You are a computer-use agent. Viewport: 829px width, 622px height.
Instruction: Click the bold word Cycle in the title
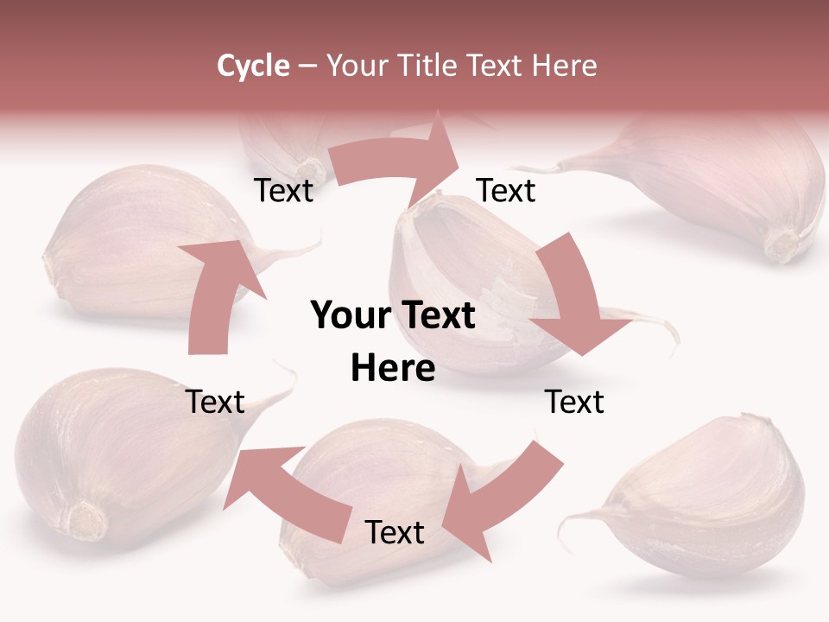(253, 66)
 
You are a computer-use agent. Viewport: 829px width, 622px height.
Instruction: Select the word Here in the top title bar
(565, 66)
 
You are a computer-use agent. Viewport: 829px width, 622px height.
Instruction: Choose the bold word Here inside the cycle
(393, 369)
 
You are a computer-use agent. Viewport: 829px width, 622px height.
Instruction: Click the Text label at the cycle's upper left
(283, 190)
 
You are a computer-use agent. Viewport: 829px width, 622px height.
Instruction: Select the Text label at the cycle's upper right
(506, 190)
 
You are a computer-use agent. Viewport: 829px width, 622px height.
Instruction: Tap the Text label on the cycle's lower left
(216, 402)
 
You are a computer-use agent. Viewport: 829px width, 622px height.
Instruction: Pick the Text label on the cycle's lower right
(574, 402)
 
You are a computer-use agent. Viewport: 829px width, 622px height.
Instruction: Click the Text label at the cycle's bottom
(395, 532)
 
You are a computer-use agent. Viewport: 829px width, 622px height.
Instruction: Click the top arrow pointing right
(397, 160)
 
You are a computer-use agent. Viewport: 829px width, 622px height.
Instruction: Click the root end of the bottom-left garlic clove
(86, 521)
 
